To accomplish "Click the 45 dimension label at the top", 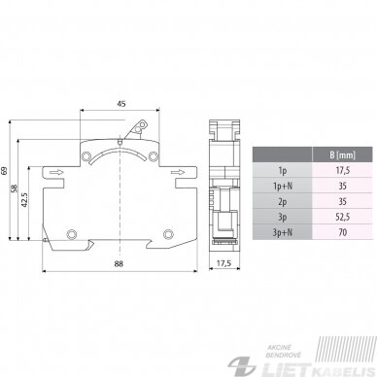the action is pyautogui.click(x=121, y=104).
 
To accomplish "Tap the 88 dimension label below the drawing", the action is pyautogui.click(x=119, y=263).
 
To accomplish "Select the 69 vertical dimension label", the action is pyautogui.click(x=5, y=171).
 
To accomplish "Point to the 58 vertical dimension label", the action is pyautogui.click(x=14, y=188).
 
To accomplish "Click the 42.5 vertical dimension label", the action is pyautogui.click(x=24, y=200).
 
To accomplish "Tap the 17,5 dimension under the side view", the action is pyautogui.click(x=223, y=263).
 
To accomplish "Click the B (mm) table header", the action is pyautogui.click(x=342, y=154).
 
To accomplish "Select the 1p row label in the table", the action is pyautogui.click(x=283, y=170).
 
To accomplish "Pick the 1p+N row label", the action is pyautogui.click(x=283, y=186).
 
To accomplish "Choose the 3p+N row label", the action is pyautogui.click(x=283, y=232).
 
